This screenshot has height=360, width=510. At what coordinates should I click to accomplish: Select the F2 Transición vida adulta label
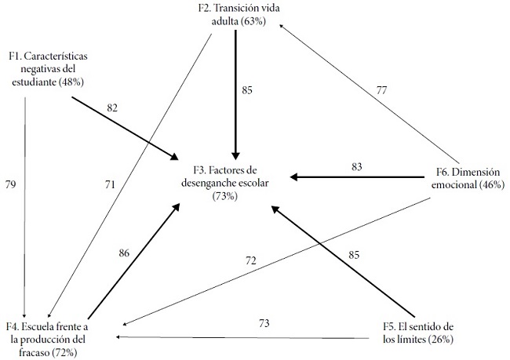pos(239,15)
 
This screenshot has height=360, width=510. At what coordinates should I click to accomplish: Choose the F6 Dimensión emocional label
pos(469,177)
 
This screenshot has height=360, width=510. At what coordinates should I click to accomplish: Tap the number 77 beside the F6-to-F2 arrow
pos(381,91)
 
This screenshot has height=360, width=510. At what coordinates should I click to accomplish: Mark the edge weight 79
pos(10,184)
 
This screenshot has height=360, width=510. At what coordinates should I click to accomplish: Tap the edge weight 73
pos(264,322)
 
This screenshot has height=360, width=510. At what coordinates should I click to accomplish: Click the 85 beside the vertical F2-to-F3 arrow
pos(248,89)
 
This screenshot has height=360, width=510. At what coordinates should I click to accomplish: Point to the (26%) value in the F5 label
pos(439,339)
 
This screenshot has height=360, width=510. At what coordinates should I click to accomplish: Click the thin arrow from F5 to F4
pos(243,337)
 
